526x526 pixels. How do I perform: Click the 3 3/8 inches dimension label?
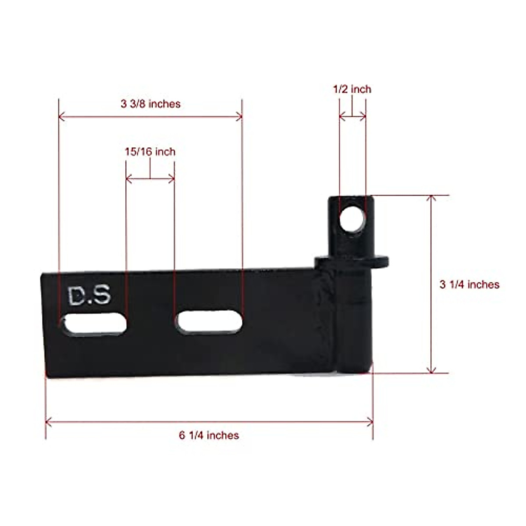(150, 104)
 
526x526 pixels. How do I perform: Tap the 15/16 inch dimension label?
(150, 152)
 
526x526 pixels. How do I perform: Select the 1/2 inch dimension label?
(352, 89)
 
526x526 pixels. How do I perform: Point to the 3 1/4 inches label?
(469, 284)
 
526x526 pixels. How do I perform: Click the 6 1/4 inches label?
(209, 435)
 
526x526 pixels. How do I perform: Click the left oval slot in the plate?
(94, 325)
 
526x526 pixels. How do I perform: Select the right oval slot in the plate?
(209, 322)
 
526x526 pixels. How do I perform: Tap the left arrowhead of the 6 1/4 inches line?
(48, 422)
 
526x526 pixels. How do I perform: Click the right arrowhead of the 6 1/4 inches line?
(370, 422)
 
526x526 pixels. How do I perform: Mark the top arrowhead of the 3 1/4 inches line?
(432, 198)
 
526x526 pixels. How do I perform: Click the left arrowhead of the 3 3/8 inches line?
(61, 117)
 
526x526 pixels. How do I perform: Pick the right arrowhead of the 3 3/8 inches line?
(239, 117)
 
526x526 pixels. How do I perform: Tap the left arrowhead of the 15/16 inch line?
(128, 178)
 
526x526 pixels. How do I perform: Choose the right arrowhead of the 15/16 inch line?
(172, 178)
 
